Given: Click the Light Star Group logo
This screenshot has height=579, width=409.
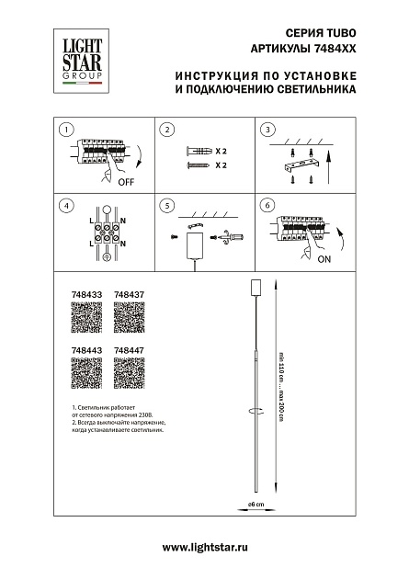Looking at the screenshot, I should click(82, 59).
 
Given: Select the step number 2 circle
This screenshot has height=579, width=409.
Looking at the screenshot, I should click(166, 131).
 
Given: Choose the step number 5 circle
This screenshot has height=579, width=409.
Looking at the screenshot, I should click(166, 206).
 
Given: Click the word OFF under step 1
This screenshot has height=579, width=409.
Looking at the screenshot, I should click(127, 183).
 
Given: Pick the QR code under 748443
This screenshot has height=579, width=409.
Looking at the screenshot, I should click(86, 376).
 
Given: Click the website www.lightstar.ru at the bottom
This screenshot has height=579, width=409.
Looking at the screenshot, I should click(204, 548).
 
